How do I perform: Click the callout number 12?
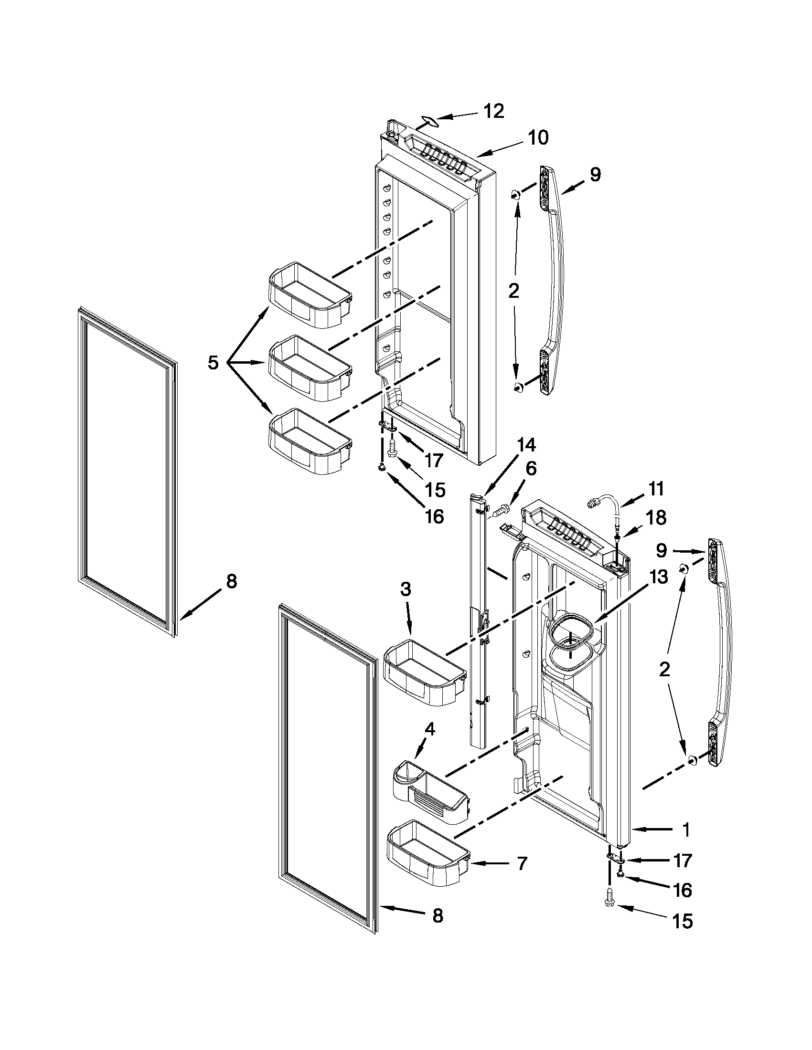click(493, 111)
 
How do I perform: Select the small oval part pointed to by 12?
click(427, 122)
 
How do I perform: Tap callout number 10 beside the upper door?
click(538, 138)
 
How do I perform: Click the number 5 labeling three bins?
click(213, 363)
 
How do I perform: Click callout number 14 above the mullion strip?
click(526, 445)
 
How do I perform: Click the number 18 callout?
click(656, 518)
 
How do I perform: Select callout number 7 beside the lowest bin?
click(523, 863)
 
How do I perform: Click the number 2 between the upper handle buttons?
click(514, 291)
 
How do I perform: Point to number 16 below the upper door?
click(434, 516)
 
